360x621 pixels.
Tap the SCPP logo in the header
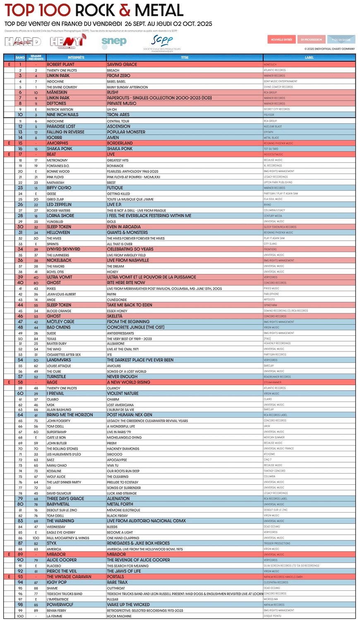[x=162, y=42]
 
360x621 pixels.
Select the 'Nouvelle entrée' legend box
[x=281, y=40]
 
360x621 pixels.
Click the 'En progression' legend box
[x=311, y=40]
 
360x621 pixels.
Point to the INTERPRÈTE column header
[x=76, y=58]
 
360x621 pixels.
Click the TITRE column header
[x=185, y=58]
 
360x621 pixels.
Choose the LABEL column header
[x=309, y=58]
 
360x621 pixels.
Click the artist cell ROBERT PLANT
[x=60, y=65]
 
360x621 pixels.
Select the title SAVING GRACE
[x=122, y=65]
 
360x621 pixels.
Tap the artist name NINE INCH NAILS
[x=62, y=115]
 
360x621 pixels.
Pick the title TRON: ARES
[x=118, y=115]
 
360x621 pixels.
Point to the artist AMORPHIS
[x=58, y=143]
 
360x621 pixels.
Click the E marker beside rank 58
[x=9, y=383]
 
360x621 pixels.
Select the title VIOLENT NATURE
[x=123, y=394]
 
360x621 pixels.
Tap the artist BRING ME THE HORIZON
[x=70, y=415]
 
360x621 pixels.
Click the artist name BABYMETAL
[x=58, y=504]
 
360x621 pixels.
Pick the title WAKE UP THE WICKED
[x=128, y=605]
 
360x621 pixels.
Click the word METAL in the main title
[x=159, y=10]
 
